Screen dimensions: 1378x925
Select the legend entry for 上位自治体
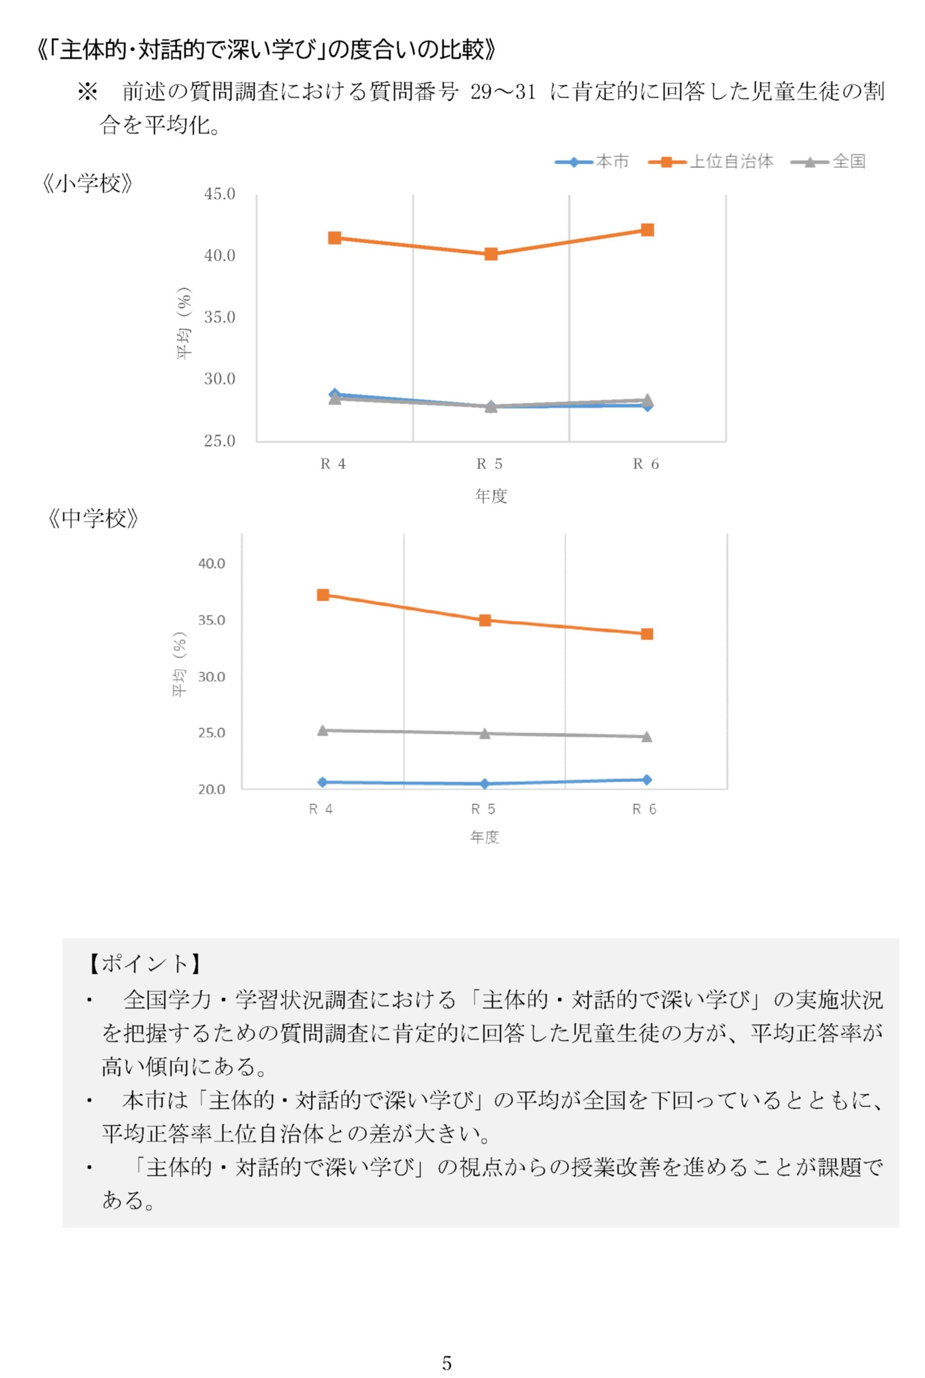point(710,161)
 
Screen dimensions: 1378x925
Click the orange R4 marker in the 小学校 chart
point(334,238)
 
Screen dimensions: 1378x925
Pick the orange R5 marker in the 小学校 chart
point(491,254)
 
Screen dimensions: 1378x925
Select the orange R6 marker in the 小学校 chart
point(647,229)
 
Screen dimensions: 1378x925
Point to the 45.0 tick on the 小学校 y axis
point(220,194)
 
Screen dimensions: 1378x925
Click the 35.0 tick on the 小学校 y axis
point(220,317)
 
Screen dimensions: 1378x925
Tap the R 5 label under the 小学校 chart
point(490,464)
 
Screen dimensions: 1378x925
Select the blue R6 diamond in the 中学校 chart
point(646,780)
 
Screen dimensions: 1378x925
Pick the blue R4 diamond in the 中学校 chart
point(323,782)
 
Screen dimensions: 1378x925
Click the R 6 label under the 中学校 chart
point(644,810)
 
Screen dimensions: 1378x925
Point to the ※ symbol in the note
point(88,92)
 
